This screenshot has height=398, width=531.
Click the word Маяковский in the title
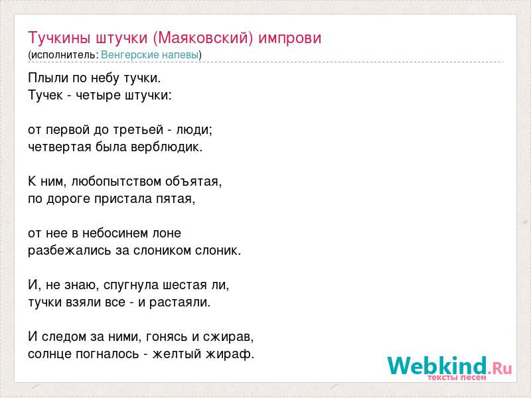pyautogui.click(x=203, y=38)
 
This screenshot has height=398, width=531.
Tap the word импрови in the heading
pyautogui.click(x=290, y=38)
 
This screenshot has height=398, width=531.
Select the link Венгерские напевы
pyautogui.click(x=149, y=55)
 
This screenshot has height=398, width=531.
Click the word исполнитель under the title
pyautogui.click(x=64, y=55)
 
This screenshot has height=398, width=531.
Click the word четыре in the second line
pyautogui.click(x=98, y=96)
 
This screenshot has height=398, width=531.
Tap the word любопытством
pyautogui.click(x=117, y=182)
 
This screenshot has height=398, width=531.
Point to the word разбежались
pyautogui.click(x=70, y=251)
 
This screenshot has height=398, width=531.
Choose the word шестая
pyautogui.click(x=185, y=285)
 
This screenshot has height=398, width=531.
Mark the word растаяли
pyautogui.click(x=180, y=302)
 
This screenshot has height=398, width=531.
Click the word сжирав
pyautogui.click(x=228, y=337)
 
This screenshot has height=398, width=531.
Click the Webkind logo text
pyautogui.click(x=437, y=365)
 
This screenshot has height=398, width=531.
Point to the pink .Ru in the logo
pyautogui.click(x=500, y=368)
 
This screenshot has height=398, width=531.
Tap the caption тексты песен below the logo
pyautogui.click(x=457, y=377)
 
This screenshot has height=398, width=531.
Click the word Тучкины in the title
pyautogui.click(x=59, y=38)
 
